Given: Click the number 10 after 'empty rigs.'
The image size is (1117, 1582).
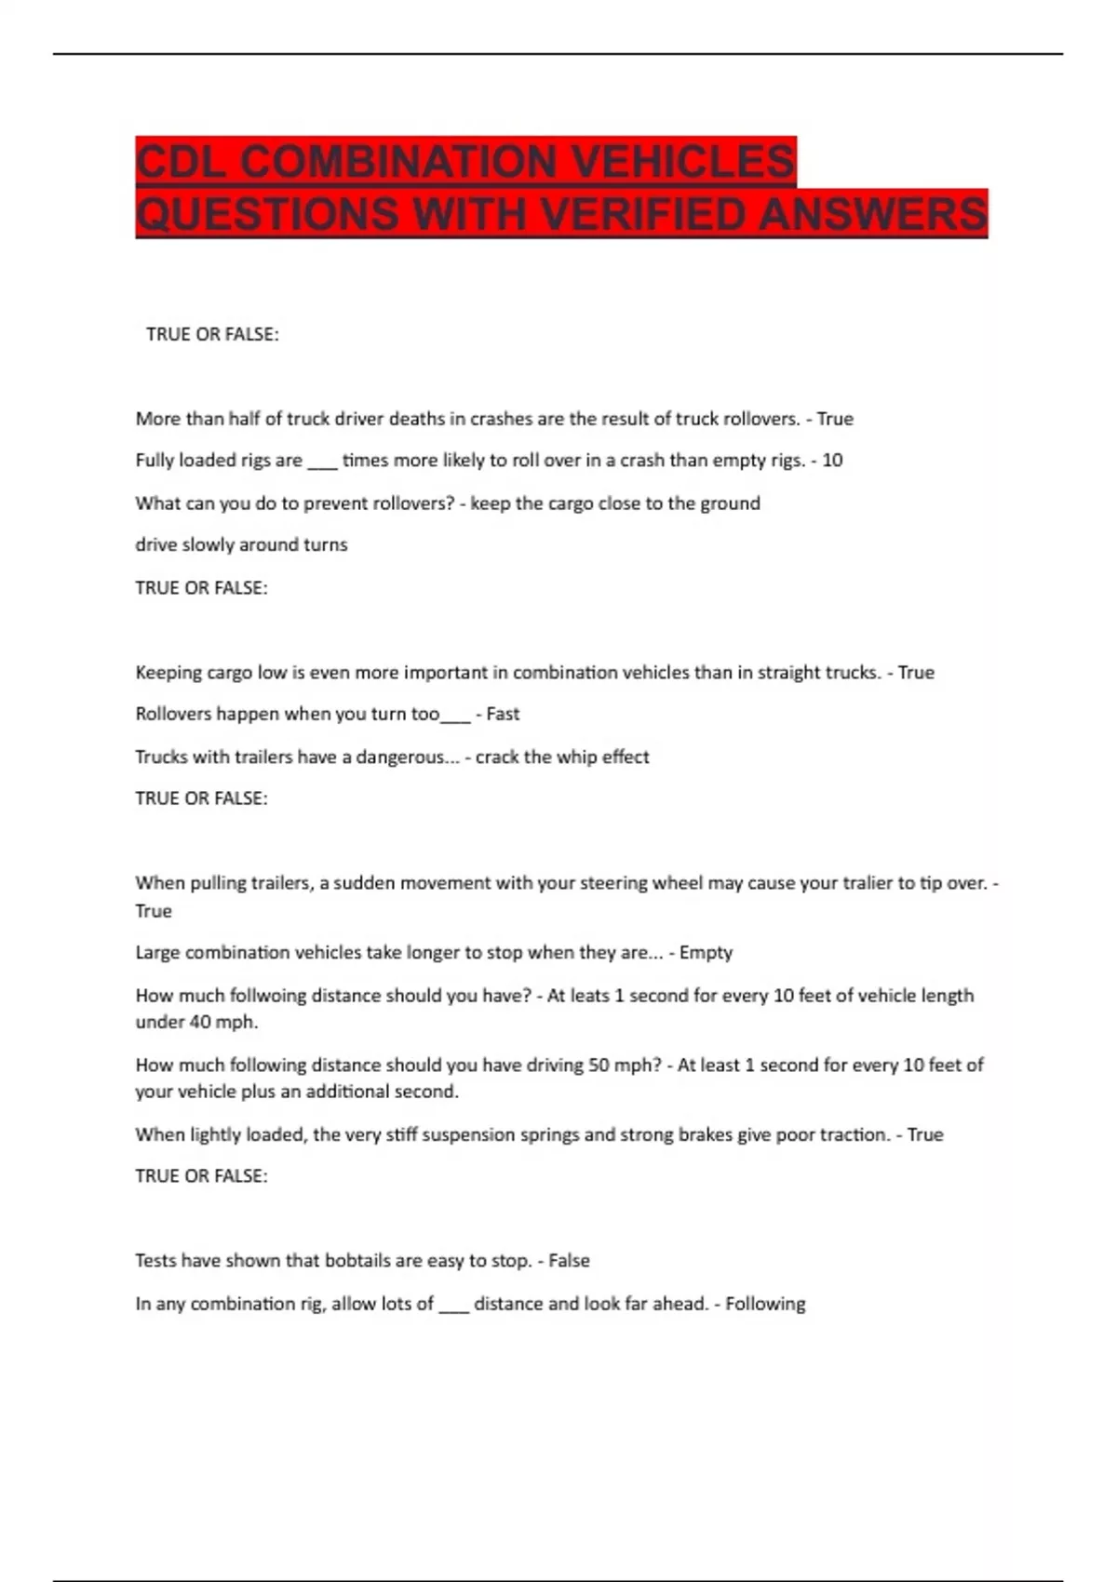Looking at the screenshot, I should click(x=832, y=460).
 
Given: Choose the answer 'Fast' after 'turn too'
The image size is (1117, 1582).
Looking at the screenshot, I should click(x=503, y=714).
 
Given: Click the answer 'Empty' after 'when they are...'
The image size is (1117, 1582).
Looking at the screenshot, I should click(x=706, y=952).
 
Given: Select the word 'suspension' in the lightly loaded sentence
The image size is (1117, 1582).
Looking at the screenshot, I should click(x=465, y=1134).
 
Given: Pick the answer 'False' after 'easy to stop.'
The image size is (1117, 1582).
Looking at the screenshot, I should click(x=569, y=1260).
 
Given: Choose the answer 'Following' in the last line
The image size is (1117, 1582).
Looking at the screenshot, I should click(x=765, y=1304).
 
